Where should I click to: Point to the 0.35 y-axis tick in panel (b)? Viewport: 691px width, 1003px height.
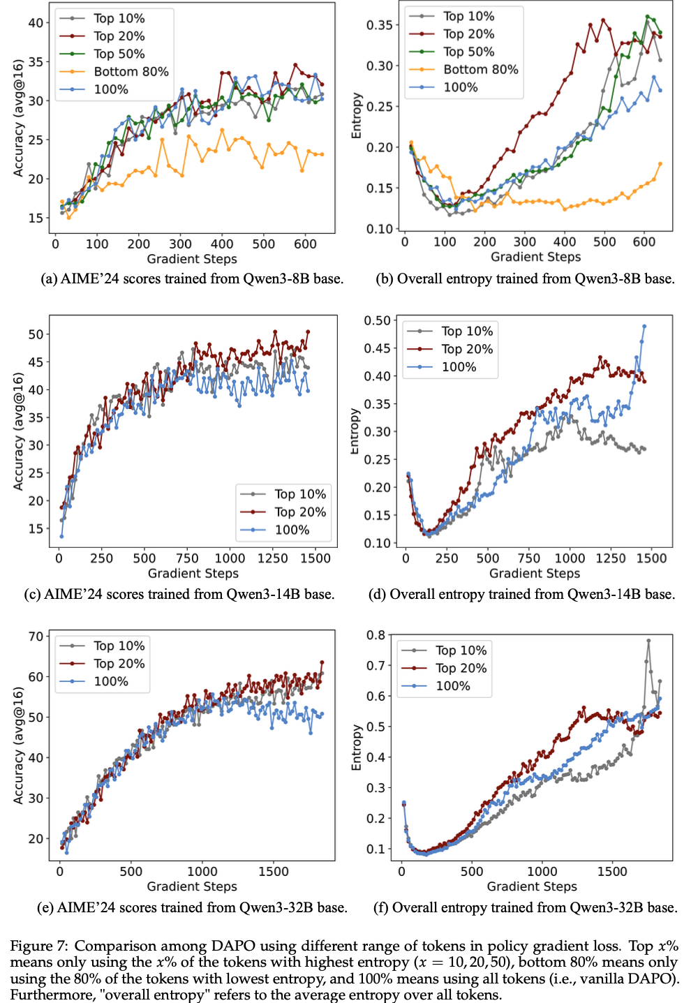380,25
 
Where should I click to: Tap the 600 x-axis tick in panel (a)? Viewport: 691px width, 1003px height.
305,244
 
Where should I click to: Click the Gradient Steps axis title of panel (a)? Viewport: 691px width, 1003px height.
192,259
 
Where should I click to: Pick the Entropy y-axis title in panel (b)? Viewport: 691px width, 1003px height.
357,116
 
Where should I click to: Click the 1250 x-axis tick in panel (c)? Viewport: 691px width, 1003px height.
272,558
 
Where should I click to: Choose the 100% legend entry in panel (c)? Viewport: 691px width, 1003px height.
292,530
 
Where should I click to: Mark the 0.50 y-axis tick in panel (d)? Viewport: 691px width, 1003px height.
377,320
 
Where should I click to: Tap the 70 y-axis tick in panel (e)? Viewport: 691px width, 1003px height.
36,636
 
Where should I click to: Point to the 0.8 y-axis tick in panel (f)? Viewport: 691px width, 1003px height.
376,635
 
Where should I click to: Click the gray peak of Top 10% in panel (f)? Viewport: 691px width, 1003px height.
648,640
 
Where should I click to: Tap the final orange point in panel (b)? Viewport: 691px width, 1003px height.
660,164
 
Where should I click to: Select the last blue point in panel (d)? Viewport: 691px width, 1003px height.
644,326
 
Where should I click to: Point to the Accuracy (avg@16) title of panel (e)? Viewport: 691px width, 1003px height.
19,745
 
